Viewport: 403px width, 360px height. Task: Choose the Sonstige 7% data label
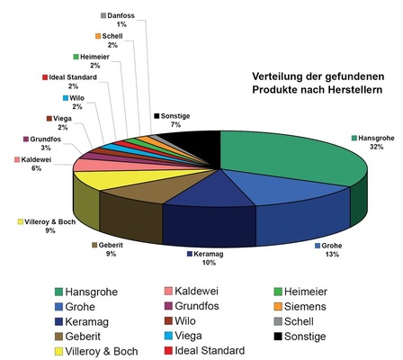pos(174,121)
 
